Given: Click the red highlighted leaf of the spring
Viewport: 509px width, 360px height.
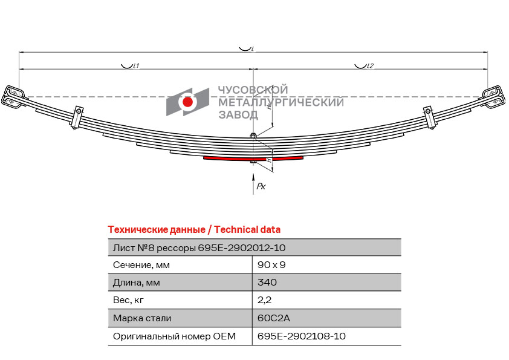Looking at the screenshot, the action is pyautogui.click(x=227, y=159).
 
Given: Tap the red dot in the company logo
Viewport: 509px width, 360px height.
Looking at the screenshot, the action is pyautogui.click(x=187, y=102).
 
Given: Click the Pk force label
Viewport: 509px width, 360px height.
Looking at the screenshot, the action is pyautogui.click(x=261, y=186).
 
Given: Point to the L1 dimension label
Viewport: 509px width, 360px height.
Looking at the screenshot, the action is pyautogui.click(x=136, y=66).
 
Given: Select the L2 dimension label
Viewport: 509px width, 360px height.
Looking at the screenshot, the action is pyautogui.click(x=370, y=66).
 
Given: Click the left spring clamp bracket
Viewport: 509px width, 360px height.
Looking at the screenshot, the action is pyautogui.click(x=77, y=117).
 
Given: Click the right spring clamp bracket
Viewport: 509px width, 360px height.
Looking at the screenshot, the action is pyautogui.click(x=429, y=117).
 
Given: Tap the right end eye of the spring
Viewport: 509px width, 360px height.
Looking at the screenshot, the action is pyautogui.click(x=493, y=97).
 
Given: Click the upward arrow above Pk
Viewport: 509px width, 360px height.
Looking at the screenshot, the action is pyautogui.click(x=253, y=184).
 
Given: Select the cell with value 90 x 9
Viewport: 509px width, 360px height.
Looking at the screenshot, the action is pyautogui.click(x=271, y=265).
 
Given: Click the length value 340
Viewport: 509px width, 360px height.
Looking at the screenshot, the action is pyautogui.click(x=267, y=282).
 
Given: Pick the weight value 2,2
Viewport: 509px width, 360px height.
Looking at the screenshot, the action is pyautogui.click(x=264, y=300).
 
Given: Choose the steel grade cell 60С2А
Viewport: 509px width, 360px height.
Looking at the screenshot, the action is pyautogui.click(x=273, y=318).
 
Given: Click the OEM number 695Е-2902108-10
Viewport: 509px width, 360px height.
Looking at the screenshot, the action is pyautogui.click(x=301, y=336).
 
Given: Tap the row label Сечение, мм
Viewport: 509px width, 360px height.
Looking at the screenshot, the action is pyautogui.click(x=141, y=265).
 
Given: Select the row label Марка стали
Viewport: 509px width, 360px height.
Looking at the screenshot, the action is pyautogui.click(x=142, y=318).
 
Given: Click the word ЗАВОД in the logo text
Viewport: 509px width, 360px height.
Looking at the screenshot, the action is pyautogui.click(x=238, y=115).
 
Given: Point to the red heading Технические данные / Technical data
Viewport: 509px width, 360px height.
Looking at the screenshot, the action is pyautogui.click(x=194, y=230).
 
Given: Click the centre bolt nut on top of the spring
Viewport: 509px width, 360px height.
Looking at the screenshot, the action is pyautogui.click(x=253, y=135).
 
